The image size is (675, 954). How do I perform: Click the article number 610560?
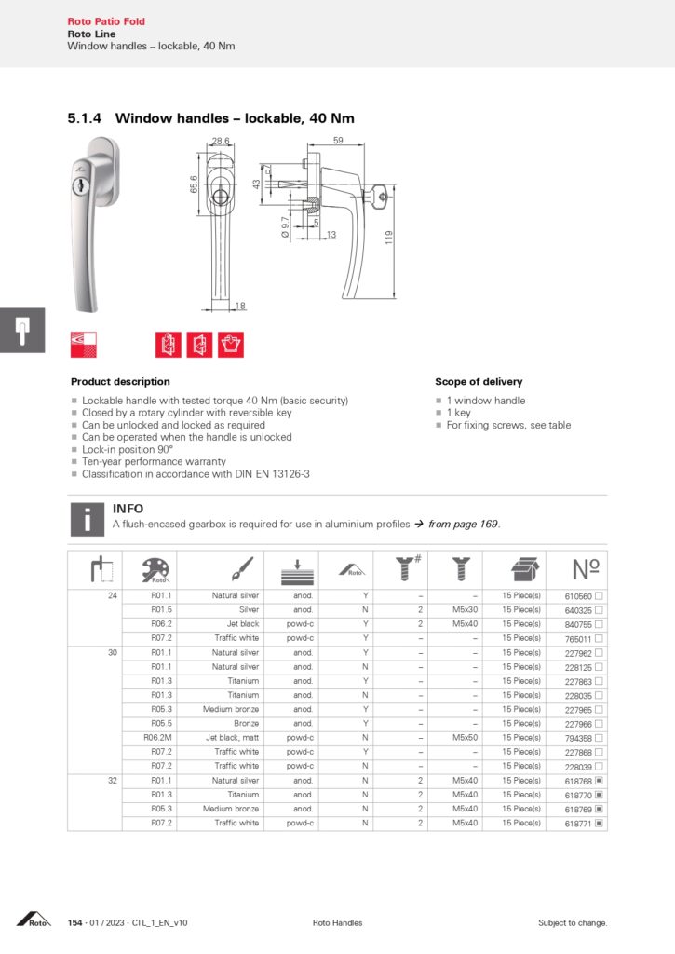pos(579,595)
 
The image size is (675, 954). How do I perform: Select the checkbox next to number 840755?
pos(600,624)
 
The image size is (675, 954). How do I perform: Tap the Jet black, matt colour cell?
pos(233,738)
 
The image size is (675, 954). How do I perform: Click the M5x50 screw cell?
pos(464,738)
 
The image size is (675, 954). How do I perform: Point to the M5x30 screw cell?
pos(464,610)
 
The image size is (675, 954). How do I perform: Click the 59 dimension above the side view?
pos(337,141)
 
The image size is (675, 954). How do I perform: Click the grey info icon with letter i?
pos(87,519)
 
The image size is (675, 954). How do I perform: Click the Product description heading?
pos(120,382)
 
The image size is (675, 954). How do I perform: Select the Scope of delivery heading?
pos(479,382)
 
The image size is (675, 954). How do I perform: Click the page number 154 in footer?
pos(75,923)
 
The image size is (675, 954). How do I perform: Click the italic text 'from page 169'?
pos(464,525)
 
